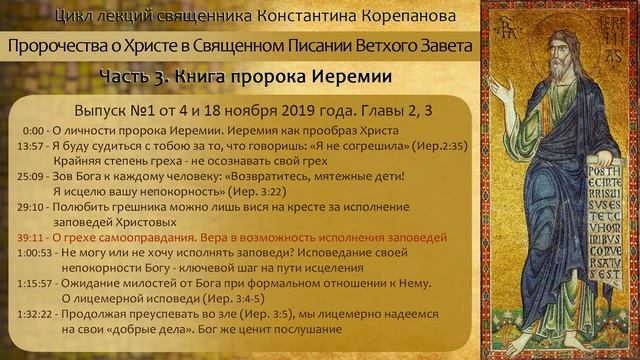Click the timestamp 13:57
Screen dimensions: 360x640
click(x=31, y=145)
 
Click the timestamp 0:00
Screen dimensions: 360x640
click(x=35, y=131)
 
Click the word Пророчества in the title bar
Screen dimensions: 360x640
click(x=58, y=46)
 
